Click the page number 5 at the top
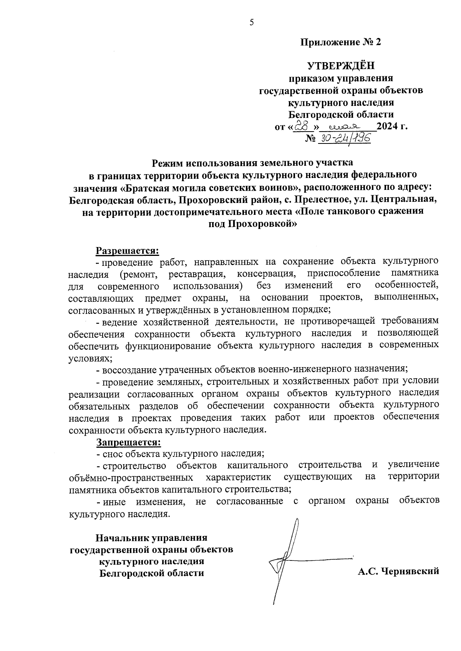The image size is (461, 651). tap(252, 22)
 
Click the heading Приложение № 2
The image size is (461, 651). tap(340, 42)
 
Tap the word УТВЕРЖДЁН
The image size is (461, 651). tap(340, 66)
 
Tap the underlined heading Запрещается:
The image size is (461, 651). tap(128, 442)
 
